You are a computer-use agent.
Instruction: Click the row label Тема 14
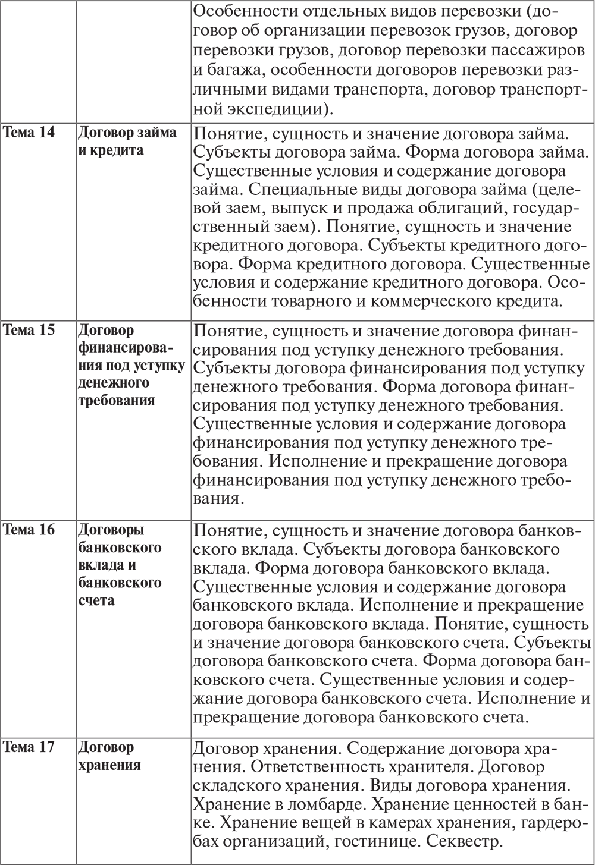click(x=29, y=132)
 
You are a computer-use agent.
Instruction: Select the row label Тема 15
click(x=29, y=330)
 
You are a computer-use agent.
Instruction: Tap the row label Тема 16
click(x=29, y=529)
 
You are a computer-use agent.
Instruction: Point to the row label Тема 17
click(x=29, y=747)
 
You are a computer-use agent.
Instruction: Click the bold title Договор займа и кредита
click(x=127, y=141)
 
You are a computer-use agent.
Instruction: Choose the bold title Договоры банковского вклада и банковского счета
click(x=120, y=564)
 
